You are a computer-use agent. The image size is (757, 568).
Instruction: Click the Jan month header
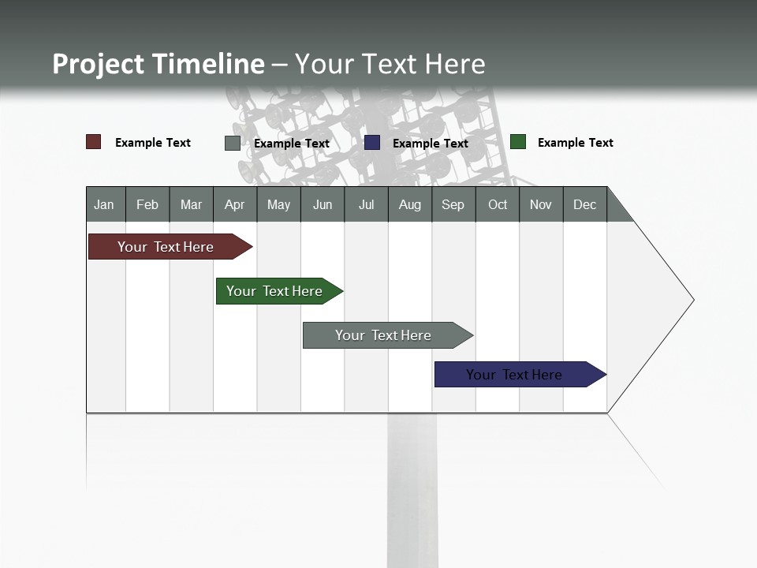pyautogui.click(x=104, y=204)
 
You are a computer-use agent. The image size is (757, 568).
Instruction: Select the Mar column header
pyautogui.click(x=191, y=204)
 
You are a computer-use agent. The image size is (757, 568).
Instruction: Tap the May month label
pyautogui.click(x=278, y=204)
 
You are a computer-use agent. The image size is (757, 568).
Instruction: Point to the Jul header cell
pyautogui.click(x=366, y=204)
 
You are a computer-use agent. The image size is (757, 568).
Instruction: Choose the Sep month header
pyautogui.click(x=453, y=204)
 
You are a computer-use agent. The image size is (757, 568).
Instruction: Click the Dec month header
pyautogui.click(x=584, y=204)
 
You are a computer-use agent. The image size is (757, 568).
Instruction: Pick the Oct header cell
pyautogui.click(x=498, y=204)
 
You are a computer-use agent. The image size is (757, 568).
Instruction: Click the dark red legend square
pyautogui.click(x=94, y=142)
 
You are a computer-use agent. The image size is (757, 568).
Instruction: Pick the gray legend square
pyautogui.click(x=233, y=143)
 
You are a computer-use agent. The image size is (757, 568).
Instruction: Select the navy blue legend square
pyautogui.click(x=372, y=143)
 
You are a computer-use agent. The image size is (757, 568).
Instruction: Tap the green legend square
pyautogui.click(x=518, y=142)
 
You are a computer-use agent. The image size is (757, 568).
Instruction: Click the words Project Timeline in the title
pyautogui.click(x=158, y=64)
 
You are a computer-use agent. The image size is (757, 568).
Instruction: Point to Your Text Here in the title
pyautogui.click(x=390, y=64)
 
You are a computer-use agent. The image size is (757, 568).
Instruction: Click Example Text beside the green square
pyautogui.click(x=575, y=143)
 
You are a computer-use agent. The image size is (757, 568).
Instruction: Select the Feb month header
pyautogui.click(x=147, y=204)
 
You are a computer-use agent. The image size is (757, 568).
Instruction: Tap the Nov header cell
pyautogui.click(x=541, y=204)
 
